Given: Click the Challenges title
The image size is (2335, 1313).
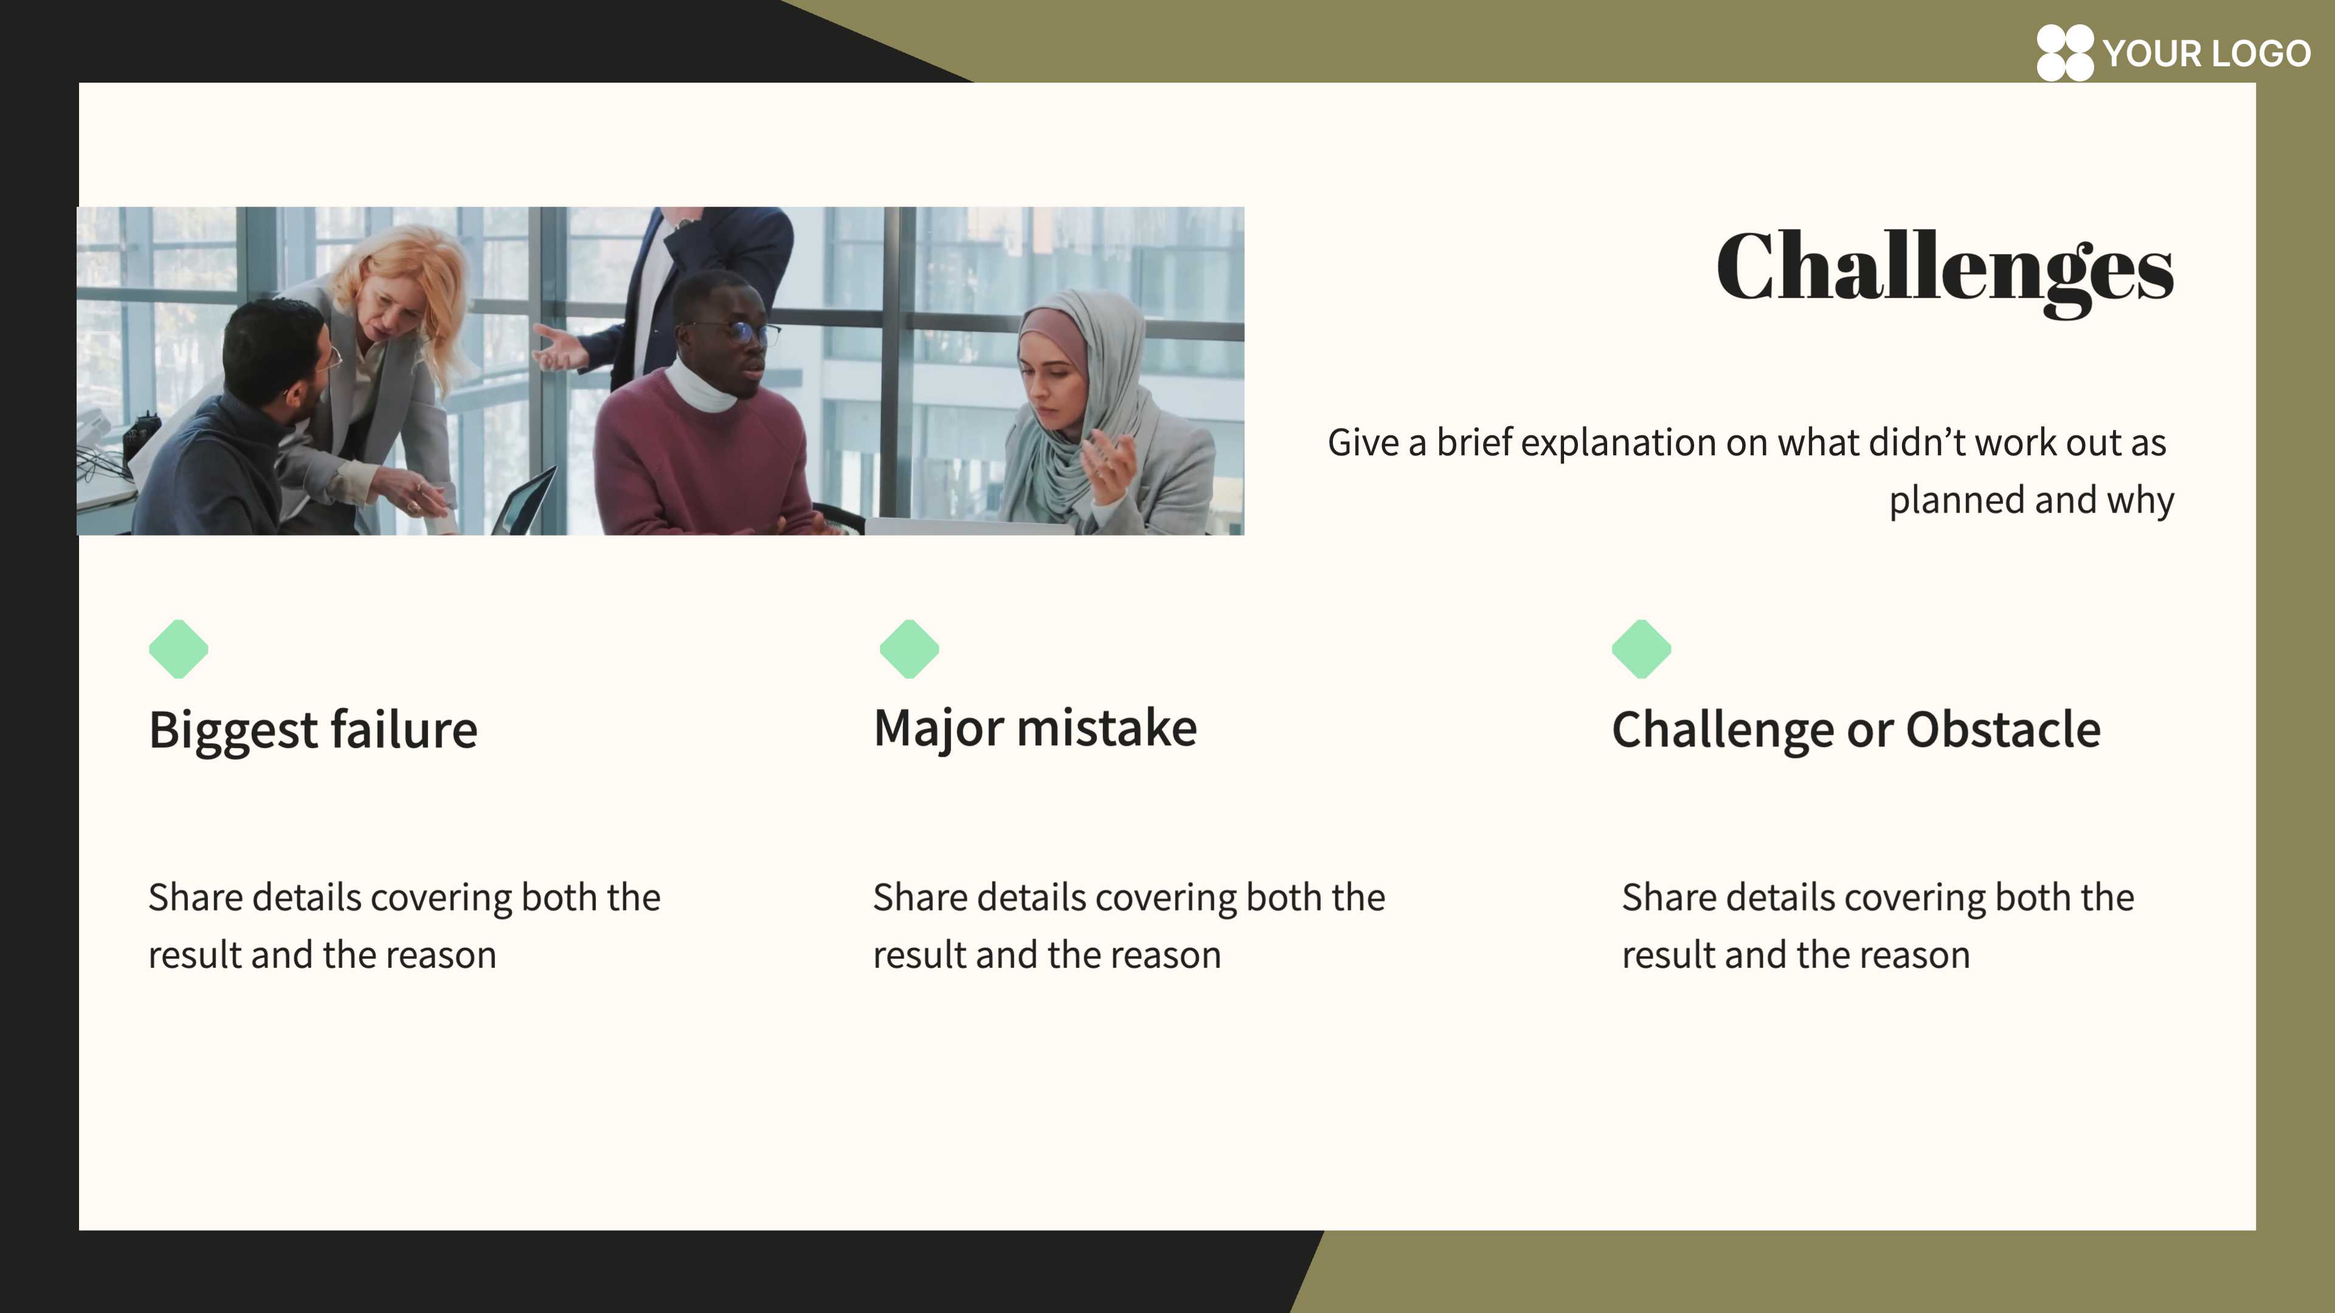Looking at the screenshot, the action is click(1945, 270).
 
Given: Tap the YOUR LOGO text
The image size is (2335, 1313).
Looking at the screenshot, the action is click(2206, 53).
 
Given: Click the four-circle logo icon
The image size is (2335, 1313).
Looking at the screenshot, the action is click(2065, 52).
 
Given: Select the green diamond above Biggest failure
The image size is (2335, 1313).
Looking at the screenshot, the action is click(179, 649).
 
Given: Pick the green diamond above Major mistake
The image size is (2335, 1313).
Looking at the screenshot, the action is click(909, 649).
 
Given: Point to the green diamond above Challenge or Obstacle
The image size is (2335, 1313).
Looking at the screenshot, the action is click(1642, 649).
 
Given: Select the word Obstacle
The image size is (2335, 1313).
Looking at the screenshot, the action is click(2003, 729).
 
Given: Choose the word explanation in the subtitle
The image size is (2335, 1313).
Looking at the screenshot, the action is click(1619, 444).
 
